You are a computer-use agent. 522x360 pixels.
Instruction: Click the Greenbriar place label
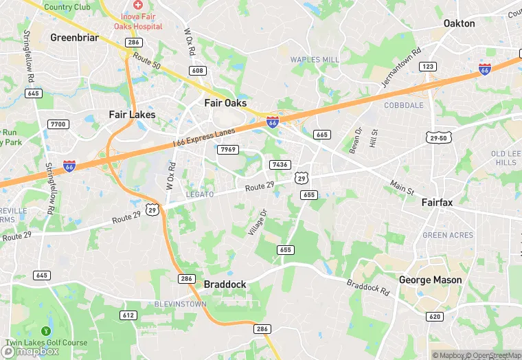click(x=75, y=37)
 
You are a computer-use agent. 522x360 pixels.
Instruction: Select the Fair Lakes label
click(x=132, y=115)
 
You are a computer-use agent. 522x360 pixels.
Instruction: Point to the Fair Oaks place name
click(x=225, y=103)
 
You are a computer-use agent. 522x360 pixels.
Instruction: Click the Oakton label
click(x=459, y=23)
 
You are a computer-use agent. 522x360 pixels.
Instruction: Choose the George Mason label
click(x=431, y=280)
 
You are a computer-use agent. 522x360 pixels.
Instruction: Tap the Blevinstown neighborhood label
click(x=180, y=303)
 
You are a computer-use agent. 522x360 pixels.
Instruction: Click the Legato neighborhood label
click(x=200, y=194)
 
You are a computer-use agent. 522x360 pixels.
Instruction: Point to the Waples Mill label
click(x=315, y=60)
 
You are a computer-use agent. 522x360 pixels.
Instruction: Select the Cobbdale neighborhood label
click(x=403, y=105)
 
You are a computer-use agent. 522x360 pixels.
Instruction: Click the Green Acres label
click(x=448, y=235)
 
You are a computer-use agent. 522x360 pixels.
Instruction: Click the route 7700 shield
click(x=58, y=124)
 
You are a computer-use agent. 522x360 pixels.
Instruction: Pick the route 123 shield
click(x=428, y=66)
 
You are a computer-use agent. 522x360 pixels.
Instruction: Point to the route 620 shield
click(x=433, y=317)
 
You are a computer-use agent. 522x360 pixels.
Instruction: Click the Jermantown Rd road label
click(x=400, y=69)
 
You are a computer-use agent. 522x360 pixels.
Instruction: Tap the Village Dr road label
click(x=258, y=223)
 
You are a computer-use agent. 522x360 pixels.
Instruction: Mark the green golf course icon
click(x=46, y=331)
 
